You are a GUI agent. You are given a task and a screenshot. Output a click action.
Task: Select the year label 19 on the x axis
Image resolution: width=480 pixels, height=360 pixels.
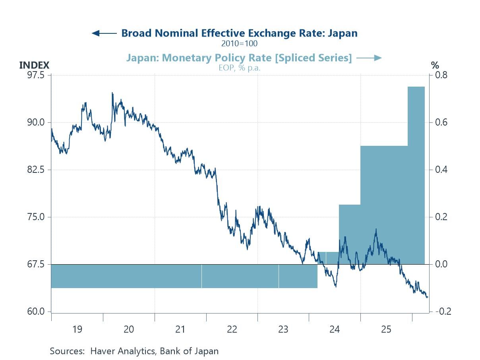coord(77,329)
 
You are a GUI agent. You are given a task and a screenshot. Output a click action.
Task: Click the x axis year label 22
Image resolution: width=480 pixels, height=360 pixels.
coord(232,329)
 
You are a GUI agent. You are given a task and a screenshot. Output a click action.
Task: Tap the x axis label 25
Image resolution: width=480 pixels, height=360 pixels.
coord(386,329)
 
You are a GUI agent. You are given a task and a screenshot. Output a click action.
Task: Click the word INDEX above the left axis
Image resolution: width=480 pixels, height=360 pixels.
coord(34,65)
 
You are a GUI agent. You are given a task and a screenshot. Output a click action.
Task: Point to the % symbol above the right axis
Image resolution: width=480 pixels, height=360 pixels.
coord(435,65)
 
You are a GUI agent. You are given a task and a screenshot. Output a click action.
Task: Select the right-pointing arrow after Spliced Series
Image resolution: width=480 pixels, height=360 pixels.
coord(369,58)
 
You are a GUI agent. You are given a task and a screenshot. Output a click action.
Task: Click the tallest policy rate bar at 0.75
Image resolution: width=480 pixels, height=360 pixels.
coord(416,175)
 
